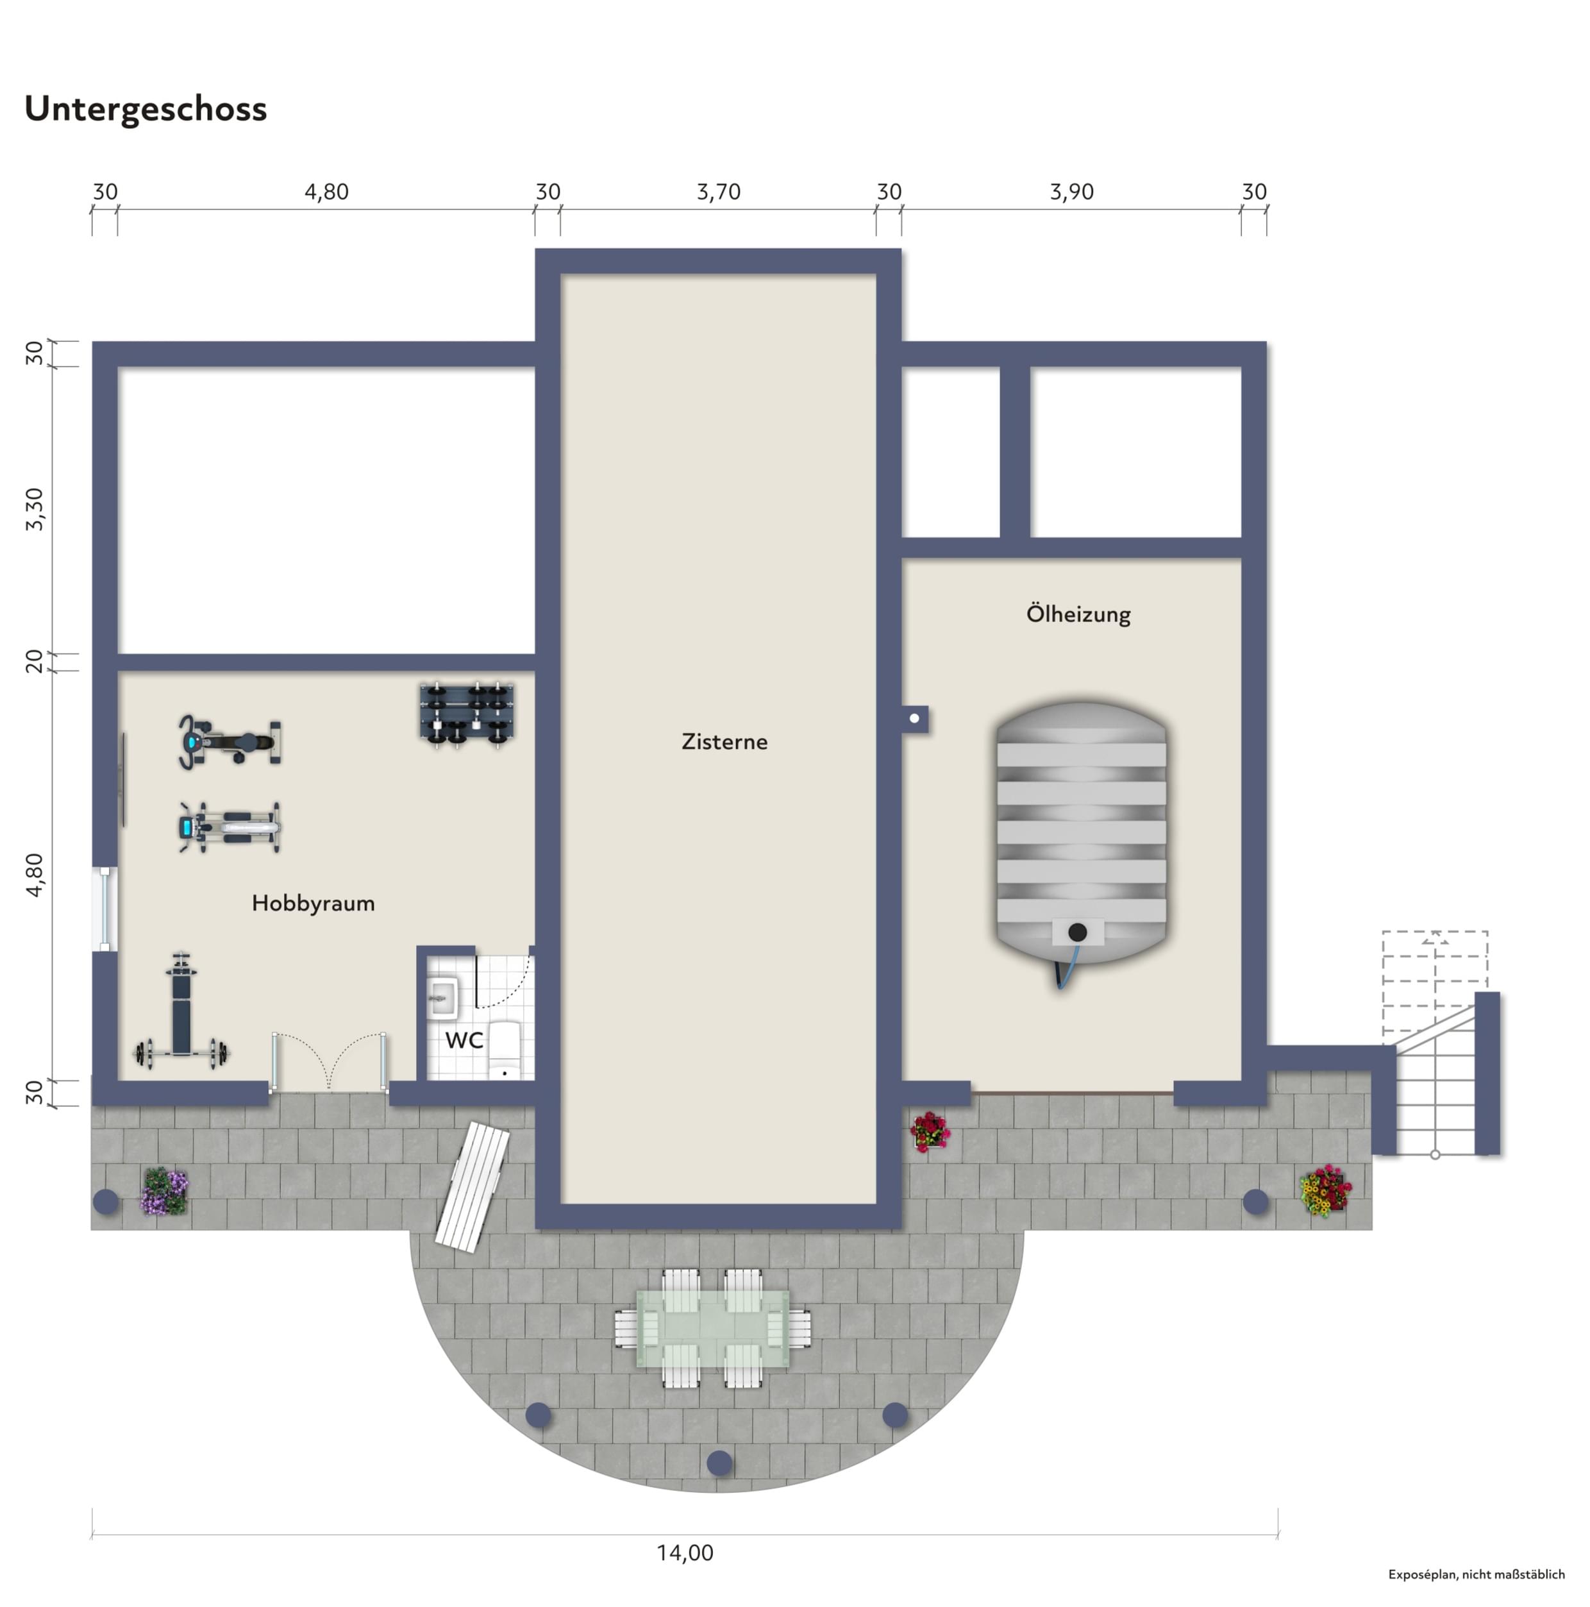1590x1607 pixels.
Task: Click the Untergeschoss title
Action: tap(146, 110)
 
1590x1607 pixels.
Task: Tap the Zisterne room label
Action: tap(724, 742)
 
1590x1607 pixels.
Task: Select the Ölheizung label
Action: tap(1078, 614)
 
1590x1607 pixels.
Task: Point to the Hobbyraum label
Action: tap(313, 904)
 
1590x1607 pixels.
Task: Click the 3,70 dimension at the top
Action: tap(719, 192)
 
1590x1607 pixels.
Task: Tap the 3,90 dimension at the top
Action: tap(1071, 192)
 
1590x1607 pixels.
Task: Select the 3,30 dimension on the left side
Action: tap(34, 509)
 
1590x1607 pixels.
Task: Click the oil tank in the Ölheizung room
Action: tap(1081, 840)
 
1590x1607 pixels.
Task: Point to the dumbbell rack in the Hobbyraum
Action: tap(467, 714)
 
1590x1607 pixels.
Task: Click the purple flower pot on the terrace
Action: tap(165, 1191)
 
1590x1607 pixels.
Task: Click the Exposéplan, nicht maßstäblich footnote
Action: tap(1476, 1574)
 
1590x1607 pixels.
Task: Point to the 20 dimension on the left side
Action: tap(34, 662)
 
